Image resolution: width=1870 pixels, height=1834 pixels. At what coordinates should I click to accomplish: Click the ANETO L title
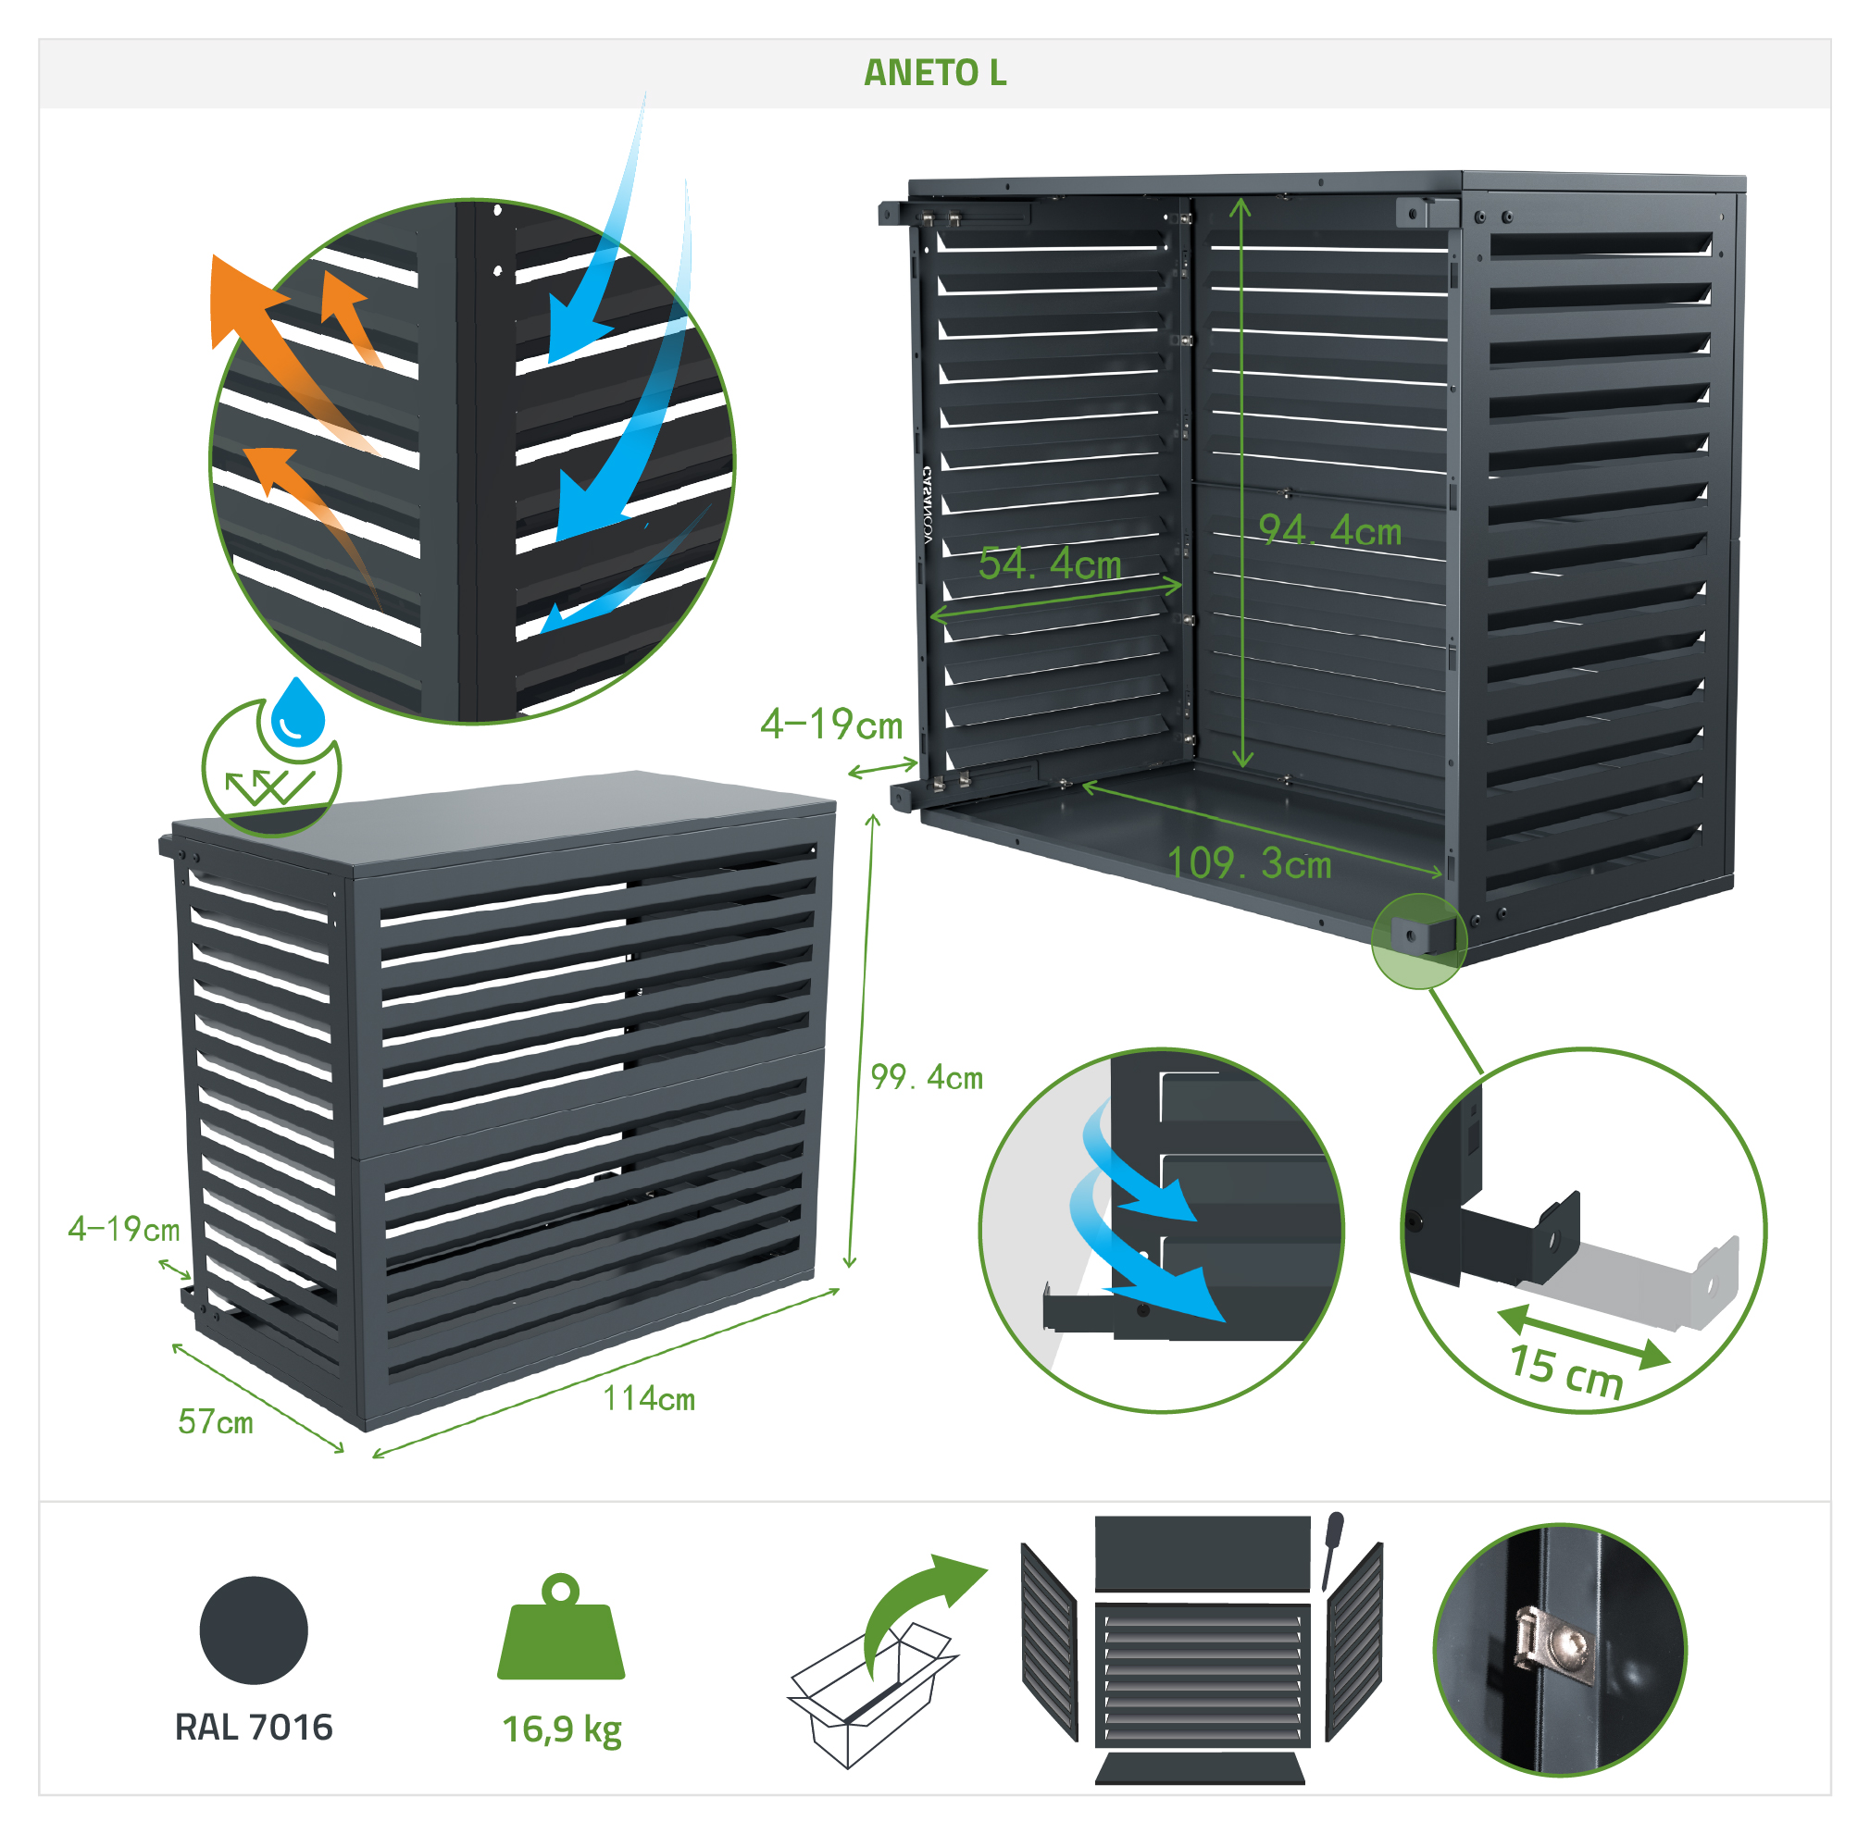tap(934, 73)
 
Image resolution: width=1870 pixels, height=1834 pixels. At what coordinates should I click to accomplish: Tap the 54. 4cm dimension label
tap(1049, 564)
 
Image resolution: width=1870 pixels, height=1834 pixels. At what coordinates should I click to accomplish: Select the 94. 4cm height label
tap(1329, 530)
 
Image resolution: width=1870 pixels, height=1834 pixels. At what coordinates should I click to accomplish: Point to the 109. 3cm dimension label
tap(1249, 863)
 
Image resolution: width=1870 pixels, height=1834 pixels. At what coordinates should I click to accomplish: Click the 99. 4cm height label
tap(926, 1077)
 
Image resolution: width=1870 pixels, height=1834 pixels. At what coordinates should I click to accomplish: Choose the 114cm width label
tap(648, 1397)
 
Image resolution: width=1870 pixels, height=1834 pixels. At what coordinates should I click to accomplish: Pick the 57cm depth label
tap(216, 1421)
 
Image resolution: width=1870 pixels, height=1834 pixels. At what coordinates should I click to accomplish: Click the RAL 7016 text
tap(254, 1727)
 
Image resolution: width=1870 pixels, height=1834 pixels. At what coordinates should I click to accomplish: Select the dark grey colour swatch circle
tap(254, 1630)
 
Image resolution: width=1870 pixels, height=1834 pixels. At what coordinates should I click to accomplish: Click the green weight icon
tap(561, 1628)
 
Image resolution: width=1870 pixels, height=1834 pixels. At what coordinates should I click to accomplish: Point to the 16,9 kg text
tap(562, 1730)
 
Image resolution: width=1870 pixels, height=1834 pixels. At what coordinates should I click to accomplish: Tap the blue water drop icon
tap(298, 712)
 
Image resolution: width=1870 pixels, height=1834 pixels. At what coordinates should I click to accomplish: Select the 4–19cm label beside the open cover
tap(831, 725)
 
